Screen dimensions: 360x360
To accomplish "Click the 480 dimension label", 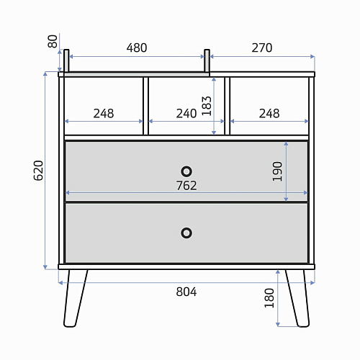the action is click(137, 48).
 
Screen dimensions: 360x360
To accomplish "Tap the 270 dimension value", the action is click(262, 48).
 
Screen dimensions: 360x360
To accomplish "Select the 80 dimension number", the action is click(53, 41).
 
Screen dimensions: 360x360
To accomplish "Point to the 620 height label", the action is click(38, 171).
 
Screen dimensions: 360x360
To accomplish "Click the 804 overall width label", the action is click(186, 292).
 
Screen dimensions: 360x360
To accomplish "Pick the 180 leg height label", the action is click(269, 298).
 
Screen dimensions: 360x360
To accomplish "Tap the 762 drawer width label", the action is click(186, 186).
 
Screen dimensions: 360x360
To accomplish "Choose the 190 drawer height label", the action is click(277, 171).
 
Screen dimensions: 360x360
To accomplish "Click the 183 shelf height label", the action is click(207, 106).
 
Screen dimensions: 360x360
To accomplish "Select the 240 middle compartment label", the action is click(186, 114).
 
